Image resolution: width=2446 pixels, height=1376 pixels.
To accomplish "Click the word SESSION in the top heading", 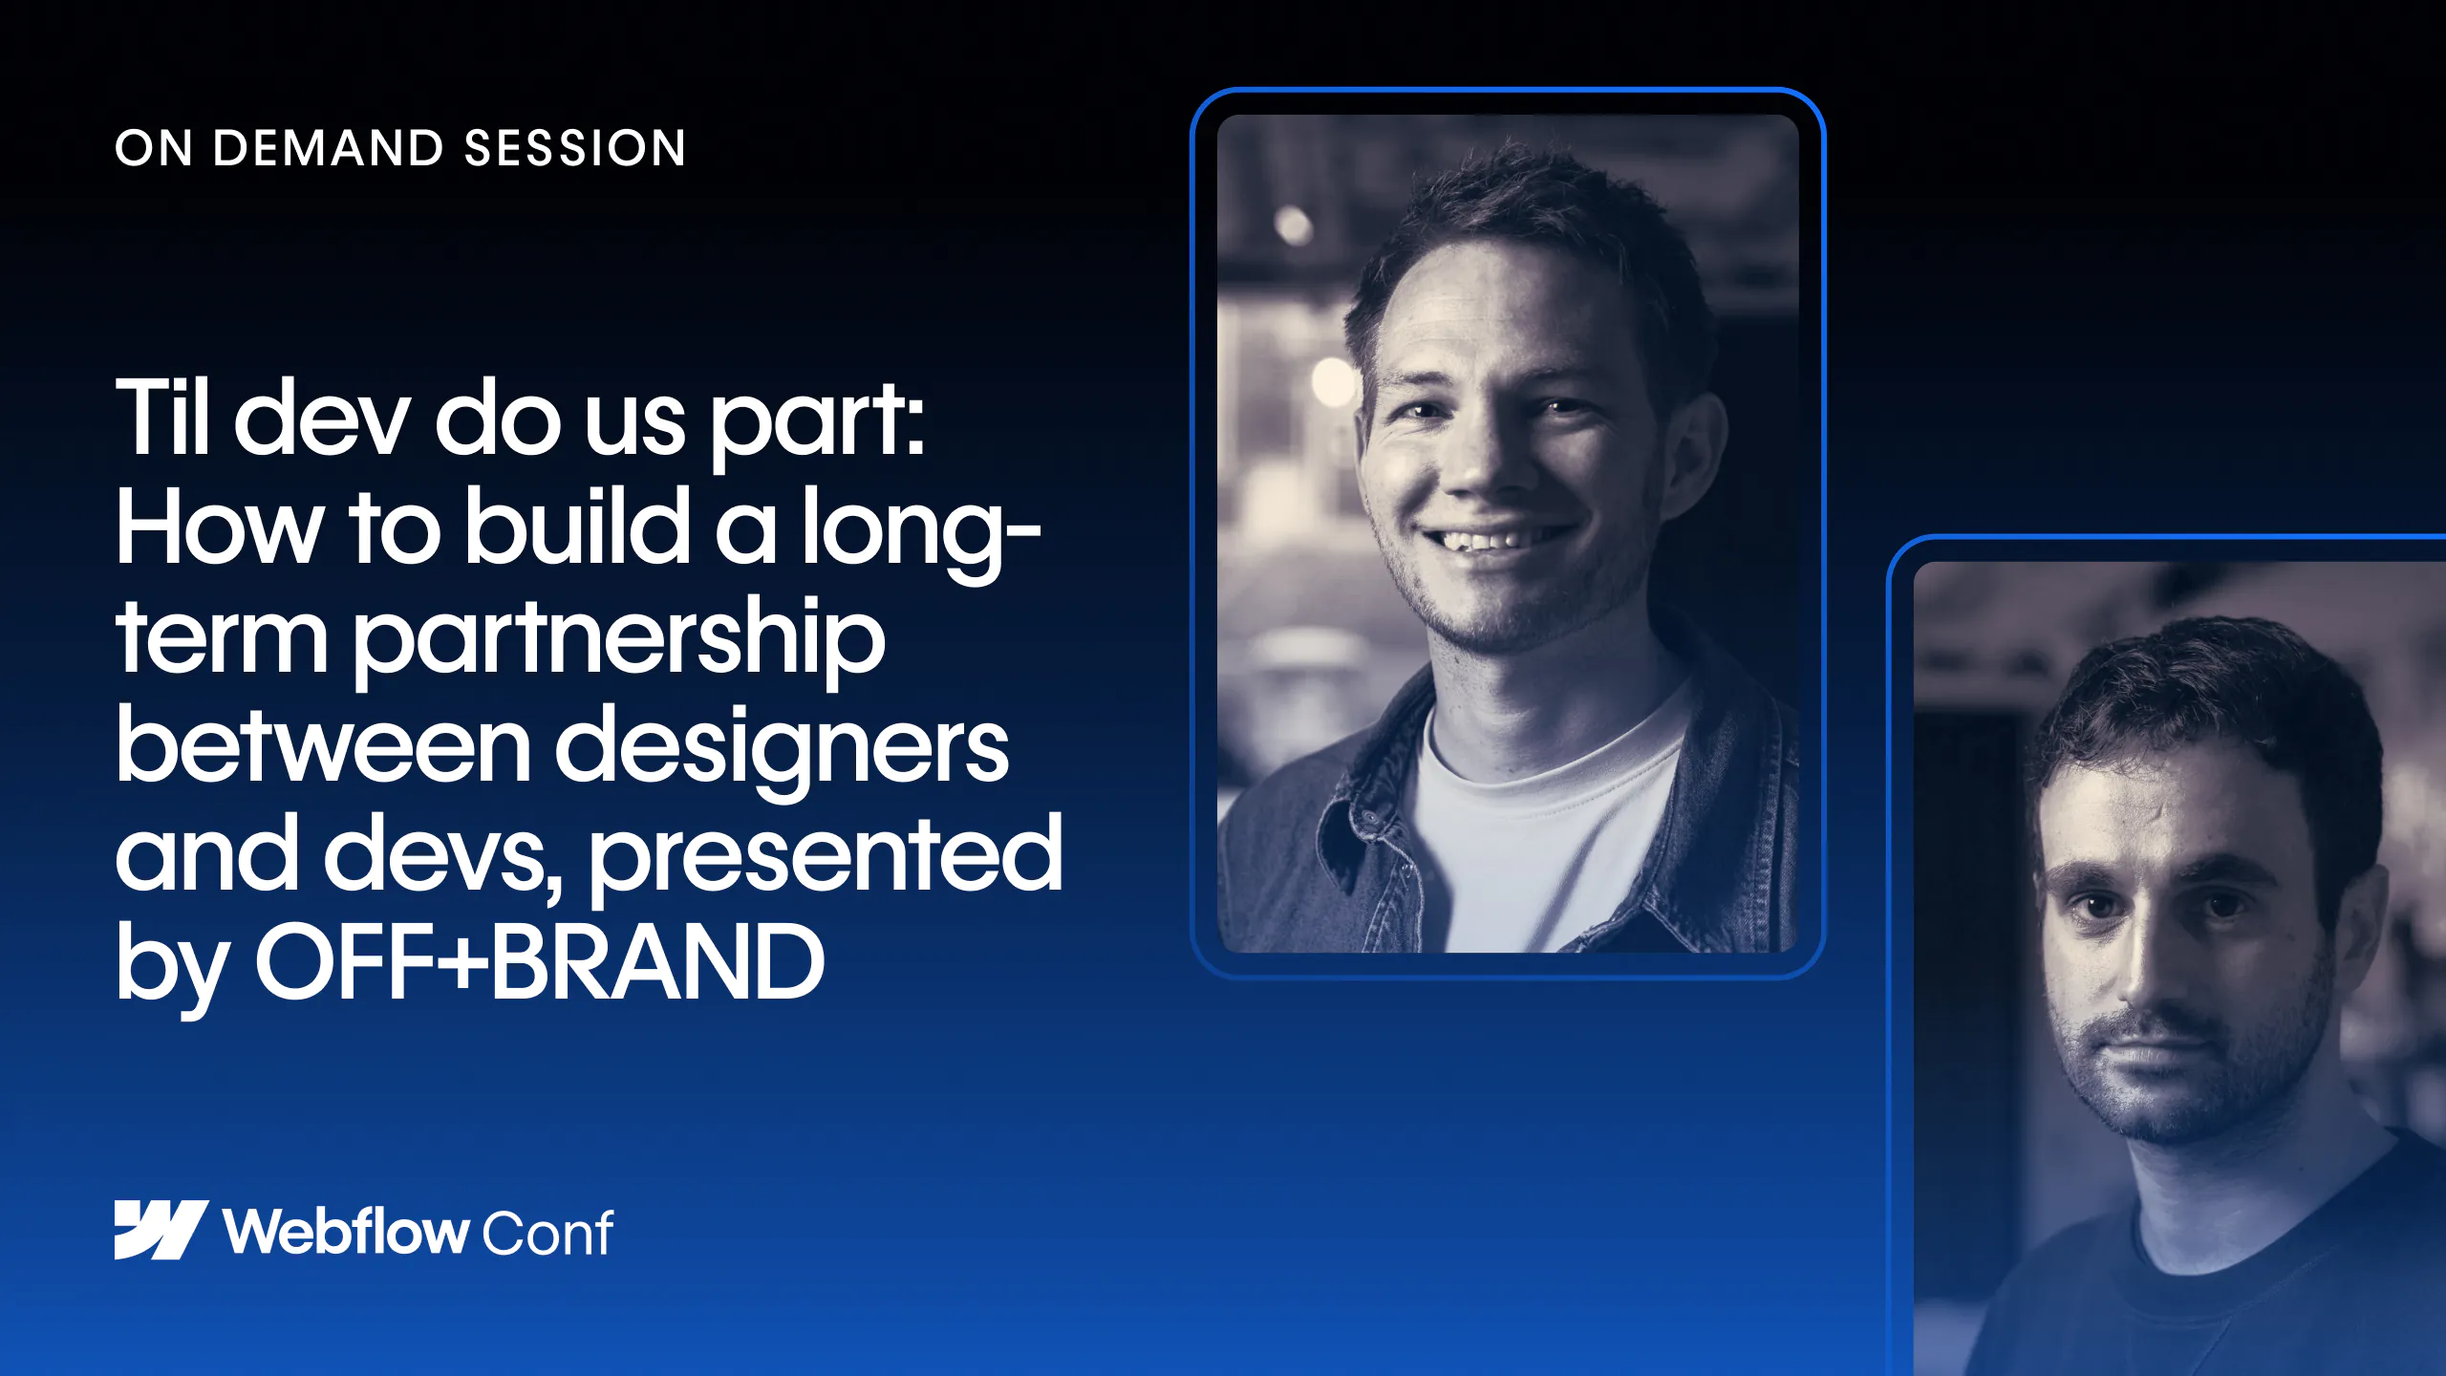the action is tap(575, 148).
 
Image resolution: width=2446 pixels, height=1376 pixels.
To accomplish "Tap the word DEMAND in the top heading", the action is tap(329, 148).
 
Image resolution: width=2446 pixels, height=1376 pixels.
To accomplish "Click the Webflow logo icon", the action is tap(161, 1230).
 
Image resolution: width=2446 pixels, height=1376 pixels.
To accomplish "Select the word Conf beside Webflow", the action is tap(547, 1233).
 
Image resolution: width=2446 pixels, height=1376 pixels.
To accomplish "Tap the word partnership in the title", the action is tap(620, 640).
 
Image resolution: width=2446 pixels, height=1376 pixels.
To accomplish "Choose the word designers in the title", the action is tap(782, 750).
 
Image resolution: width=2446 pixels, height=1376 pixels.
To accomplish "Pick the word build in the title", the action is tap(577, 526).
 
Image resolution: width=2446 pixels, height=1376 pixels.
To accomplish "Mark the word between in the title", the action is tap(323, 745).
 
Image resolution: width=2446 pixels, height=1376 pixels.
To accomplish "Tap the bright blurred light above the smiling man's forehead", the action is tap(1293, 225).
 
